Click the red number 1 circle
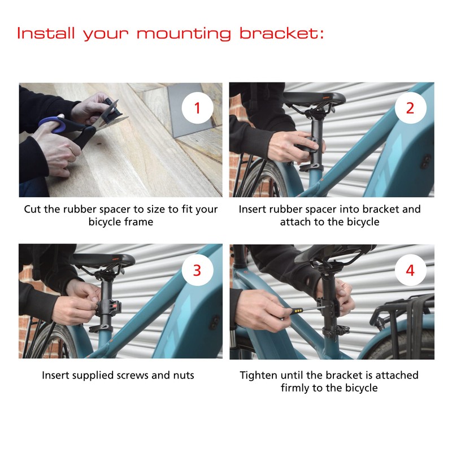point(197,108)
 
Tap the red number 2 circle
point(410,108)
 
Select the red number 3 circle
point(197,270)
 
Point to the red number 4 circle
point(410,270)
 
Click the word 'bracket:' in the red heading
point(281,33)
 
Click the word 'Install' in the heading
point(46,33)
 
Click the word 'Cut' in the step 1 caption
point(33,209)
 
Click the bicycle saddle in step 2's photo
point(314,99)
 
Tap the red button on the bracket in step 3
point(115,306)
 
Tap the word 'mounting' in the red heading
point(184,34)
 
